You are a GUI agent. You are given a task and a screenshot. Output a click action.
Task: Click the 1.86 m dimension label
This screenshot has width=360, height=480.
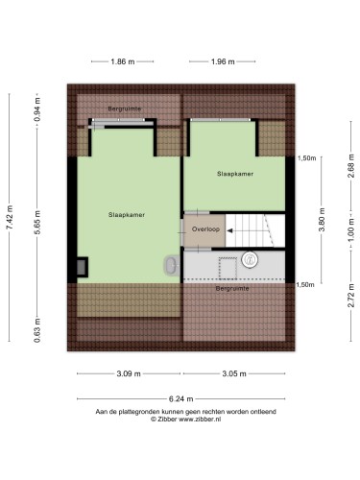pyautogui.click(x=123, y=61)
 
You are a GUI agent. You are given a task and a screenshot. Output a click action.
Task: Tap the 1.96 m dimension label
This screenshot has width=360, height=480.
pyautogui.click(x=223, y=61)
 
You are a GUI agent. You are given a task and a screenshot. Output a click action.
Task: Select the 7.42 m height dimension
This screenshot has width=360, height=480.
pyautogui.click(x=10, y=217)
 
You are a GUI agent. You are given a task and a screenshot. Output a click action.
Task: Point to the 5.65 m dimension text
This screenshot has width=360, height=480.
pyautogui.click(x=37, y=223)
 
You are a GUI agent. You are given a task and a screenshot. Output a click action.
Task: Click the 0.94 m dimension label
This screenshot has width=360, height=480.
pyautogui.click(x=37, y=109)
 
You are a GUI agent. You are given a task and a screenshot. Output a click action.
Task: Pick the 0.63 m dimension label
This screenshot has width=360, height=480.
pyautogui.click(x=37, y=330)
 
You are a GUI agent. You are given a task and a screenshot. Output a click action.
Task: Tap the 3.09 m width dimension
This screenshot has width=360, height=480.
pyautogui.click(x=129, y=373)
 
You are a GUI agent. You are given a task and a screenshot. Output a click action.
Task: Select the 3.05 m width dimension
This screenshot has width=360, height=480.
pyautogui.click(x=234, y=373)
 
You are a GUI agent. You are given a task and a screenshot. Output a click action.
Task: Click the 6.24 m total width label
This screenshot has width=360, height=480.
pyautogui.click(x=181, y=399)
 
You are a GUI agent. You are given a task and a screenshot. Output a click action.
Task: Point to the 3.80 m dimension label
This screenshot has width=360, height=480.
pyautogui.click(x=322, y=220)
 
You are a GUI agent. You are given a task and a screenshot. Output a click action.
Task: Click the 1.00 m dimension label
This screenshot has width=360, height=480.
pyautogui.click(x=351, y=229)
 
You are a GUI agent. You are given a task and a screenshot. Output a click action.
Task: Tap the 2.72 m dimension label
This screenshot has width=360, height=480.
pyautogui.click(x=351, y=296)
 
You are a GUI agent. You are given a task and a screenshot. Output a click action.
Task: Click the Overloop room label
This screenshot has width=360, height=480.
pyautogui.click(x=205, y=229)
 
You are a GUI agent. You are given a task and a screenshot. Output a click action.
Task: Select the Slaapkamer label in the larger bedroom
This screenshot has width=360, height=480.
pyautogui.click(x=127, y=215)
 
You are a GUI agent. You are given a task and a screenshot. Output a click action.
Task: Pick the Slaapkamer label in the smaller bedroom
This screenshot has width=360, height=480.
pyautogui.click(x=235, y=174)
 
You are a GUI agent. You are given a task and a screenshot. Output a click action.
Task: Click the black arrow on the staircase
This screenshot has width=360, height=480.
pyautogui.click(x=230, y=230)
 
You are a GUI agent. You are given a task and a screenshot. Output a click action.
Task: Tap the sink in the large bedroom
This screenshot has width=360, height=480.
pyautogui.click(x=172, y=265)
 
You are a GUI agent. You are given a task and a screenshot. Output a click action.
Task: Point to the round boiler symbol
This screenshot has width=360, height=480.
pyautogui.click(x=250, y=259)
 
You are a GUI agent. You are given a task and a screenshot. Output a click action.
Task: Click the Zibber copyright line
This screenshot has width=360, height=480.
pyautogui.click(x=186, y=420)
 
